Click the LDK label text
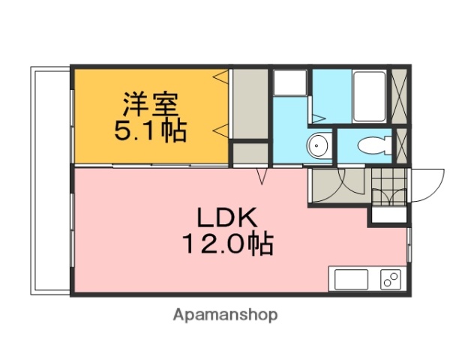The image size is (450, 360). coord(227,218)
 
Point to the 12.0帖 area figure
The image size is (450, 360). coord(226,243)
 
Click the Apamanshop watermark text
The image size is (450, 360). coord(225,315)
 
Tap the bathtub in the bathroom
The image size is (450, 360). coord(369,96)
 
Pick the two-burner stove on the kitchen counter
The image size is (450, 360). coord(391,279)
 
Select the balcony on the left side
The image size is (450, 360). coord(50,180)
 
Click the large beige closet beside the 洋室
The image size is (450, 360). coord(249,104)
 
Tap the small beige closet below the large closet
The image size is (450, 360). coord(249,154)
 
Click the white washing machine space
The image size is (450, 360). coord(289,82)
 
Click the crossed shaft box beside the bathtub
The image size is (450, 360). coord(400,96)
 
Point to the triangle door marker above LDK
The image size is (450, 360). coord(262,176)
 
